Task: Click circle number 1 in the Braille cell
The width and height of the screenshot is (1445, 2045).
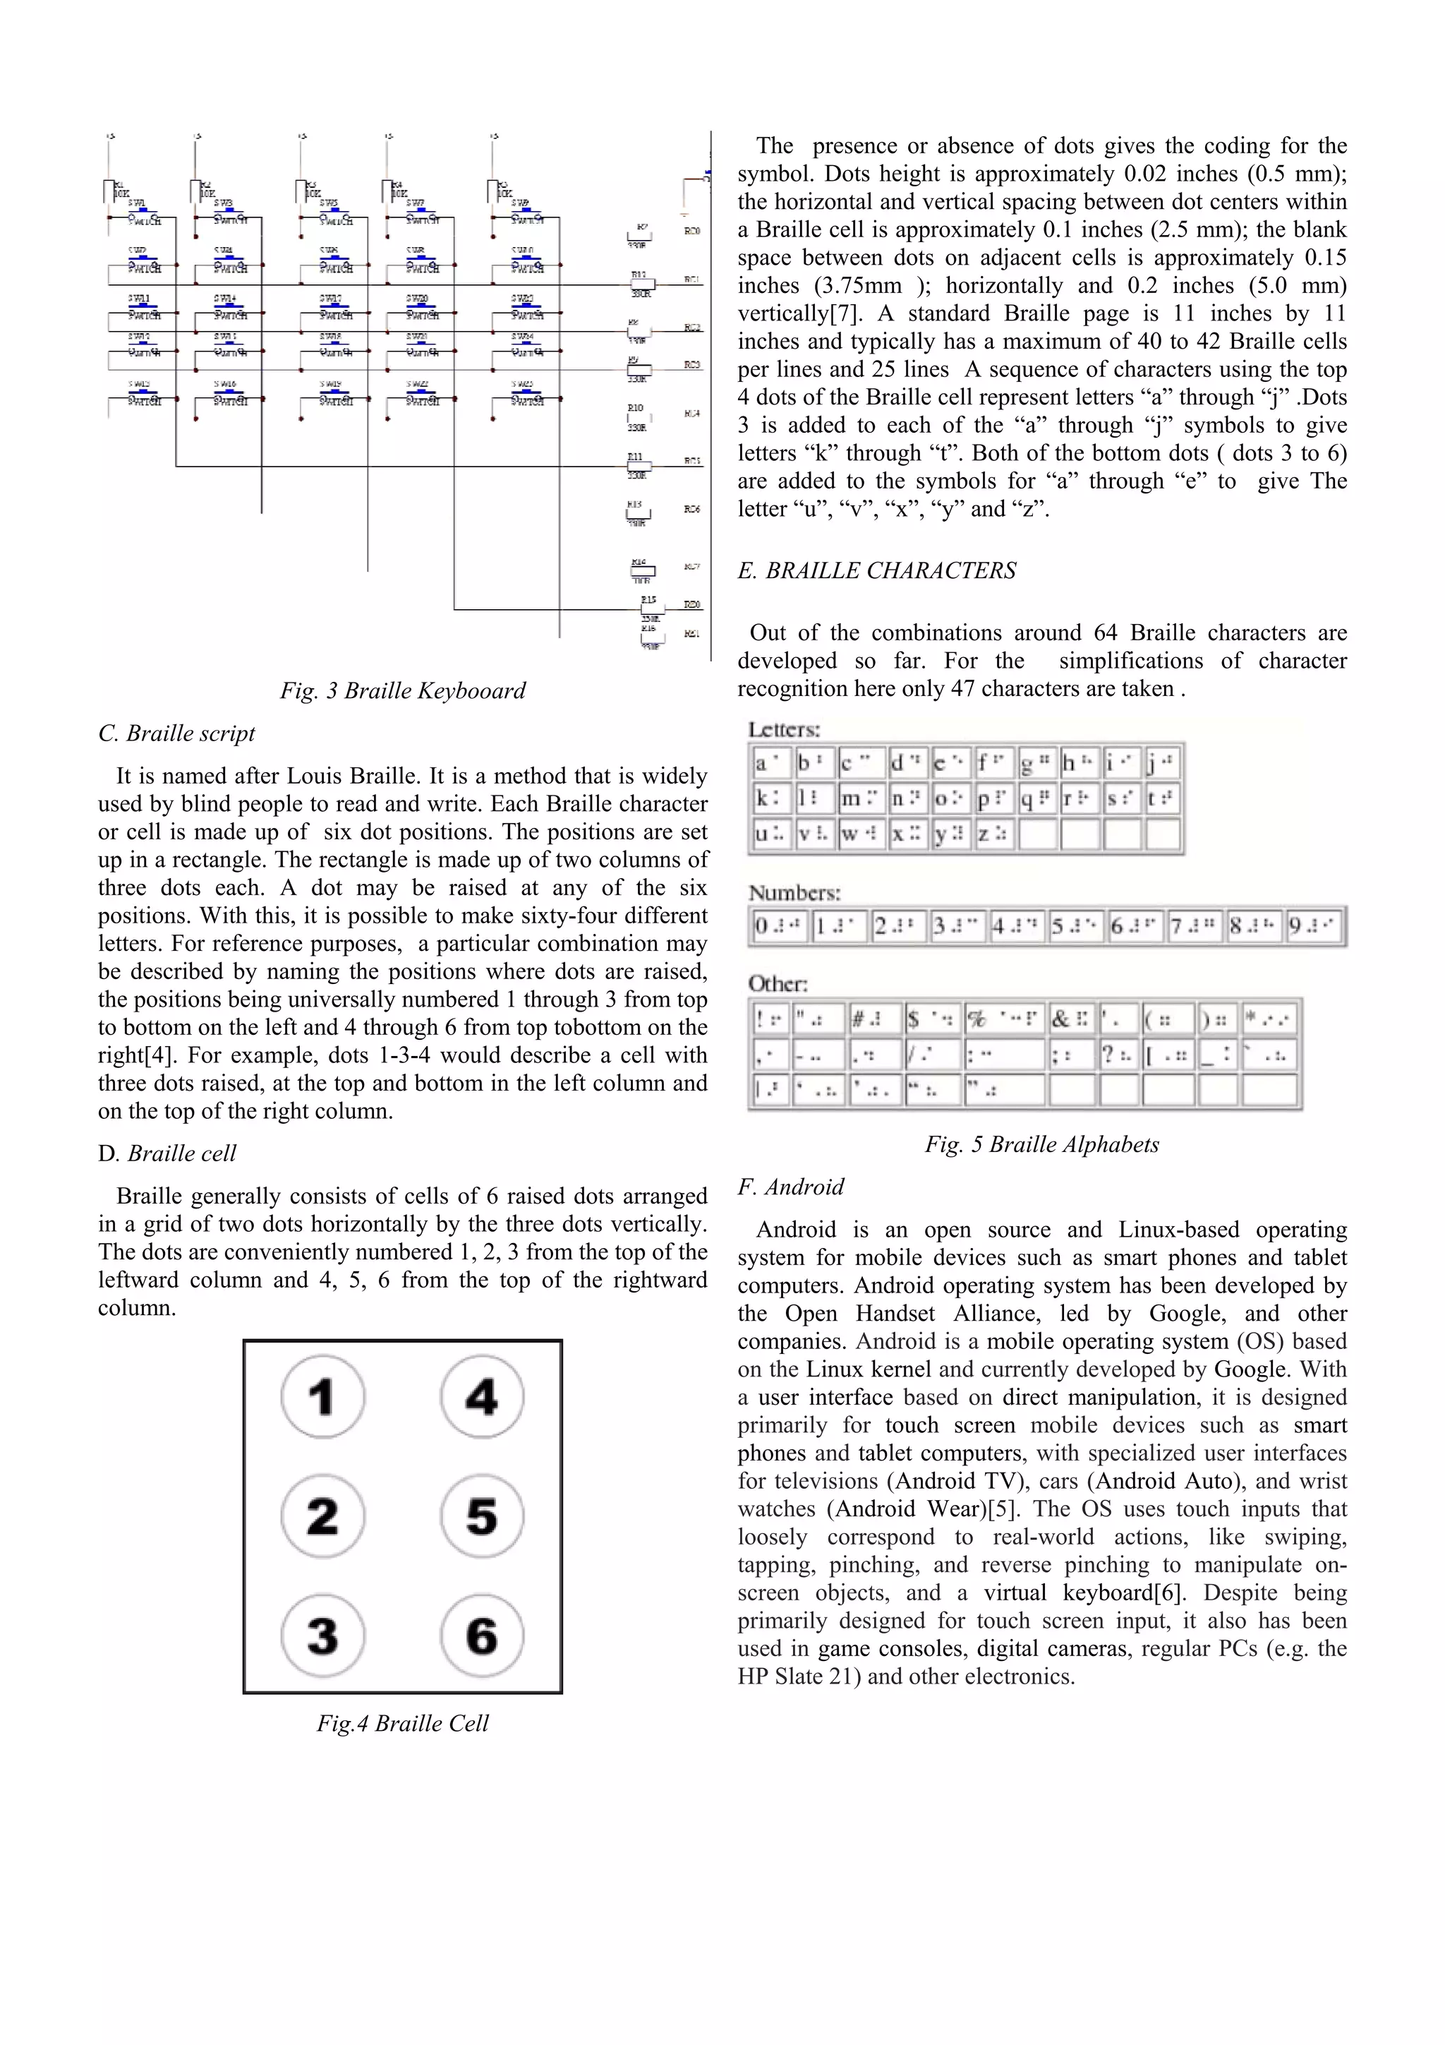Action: click(x=322, y=1396)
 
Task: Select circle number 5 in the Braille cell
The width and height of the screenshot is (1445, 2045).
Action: click(x=482, y=1516)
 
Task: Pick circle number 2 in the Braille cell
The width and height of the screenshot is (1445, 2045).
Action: click(x=322, y=1516)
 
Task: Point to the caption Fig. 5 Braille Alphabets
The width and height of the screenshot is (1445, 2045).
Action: click(x=1041, y=1144)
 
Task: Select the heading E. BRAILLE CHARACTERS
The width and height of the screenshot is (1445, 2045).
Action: click(x=876, y=570)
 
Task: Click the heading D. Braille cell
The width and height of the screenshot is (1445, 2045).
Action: click(x=167, y=1153)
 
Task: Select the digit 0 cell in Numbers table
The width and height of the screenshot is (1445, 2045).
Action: click(x=778, y=926)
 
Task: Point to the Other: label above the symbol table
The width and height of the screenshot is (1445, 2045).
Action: click(x=778, y=983)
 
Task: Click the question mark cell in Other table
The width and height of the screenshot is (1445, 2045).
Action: click(x=1118, y=1055)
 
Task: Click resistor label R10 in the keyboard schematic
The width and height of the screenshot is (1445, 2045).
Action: click(x=635, y=408)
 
